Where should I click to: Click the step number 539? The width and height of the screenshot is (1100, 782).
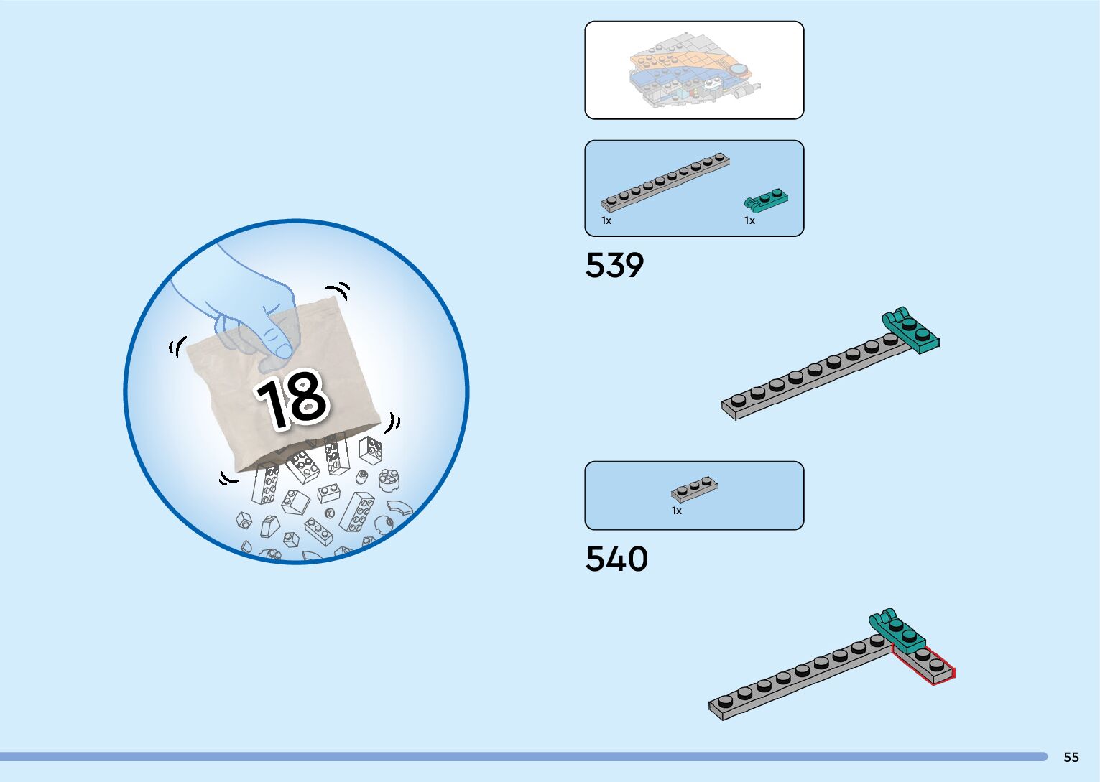(614, 265)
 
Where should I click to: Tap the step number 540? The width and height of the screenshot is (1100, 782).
(616, 559)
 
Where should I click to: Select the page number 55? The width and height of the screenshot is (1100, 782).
(1071, 757)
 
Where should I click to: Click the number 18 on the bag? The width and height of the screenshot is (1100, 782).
(292, 399)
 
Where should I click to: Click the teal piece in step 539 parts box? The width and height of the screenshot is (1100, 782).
(766, 199)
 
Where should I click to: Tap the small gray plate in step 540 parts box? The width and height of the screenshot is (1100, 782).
(693, 489)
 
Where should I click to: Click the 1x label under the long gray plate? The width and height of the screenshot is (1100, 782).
(606, 221)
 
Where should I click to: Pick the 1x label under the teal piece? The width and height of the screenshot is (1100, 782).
(749, 221)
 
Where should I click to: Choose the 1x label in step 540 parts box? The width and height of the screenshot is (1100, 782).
(676, 511)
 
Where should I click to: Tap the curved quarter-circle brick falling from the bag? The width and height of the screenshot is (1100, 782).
(399, 508)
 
